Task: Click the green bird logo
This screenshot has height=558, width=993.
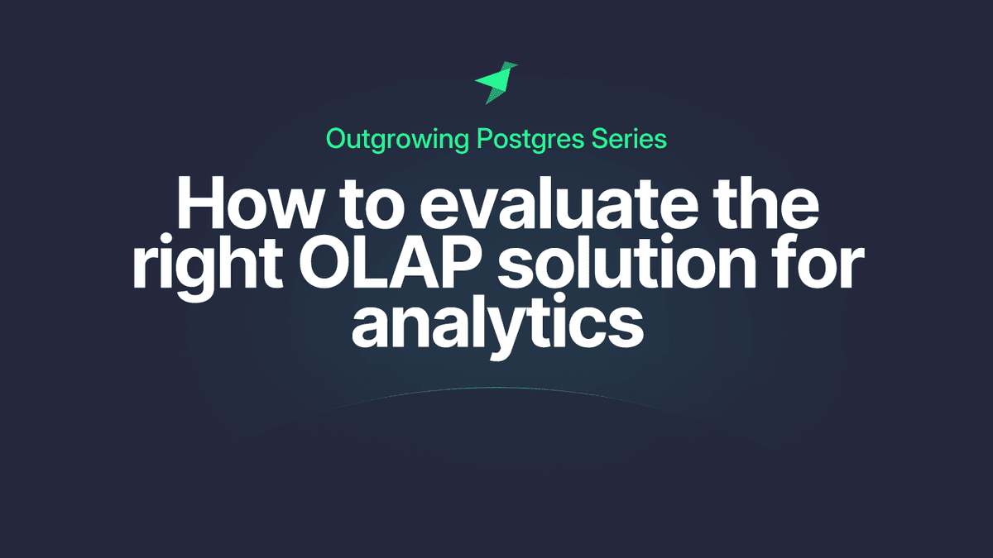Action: tap(496, 82)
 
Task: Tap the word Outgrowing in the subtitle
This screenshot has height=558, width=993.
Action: tap(399, 139)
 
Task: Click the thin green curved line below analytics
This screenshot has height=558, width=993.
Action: tap(496, 388)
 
